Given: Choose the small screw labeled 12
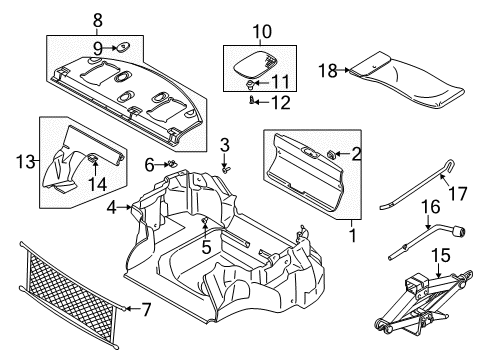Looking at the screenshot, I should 251,102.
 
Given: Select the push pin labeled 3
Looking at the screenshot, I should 227,168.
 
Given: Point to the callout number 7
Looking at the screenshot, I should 147,309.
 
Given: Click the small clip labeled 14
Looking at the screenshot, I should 92,157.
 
